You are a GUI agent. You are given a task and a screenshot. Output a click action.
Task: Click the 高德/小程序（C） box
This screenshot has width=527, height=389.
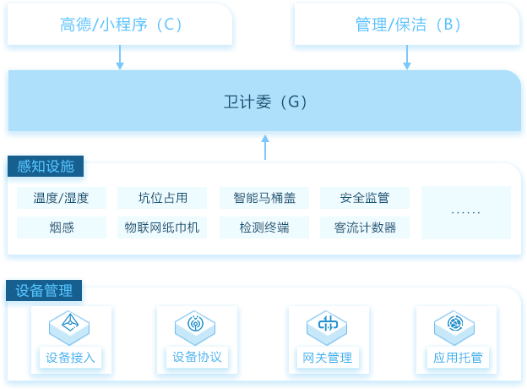tap(120, 25)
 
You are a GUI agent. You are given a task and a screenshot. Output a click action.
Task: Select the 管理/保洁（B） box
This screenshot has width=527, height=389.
tap(407, 25)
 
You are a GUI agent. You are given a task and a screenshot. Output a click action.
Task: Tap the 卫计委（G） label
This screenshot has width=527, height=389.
tap(265, 101)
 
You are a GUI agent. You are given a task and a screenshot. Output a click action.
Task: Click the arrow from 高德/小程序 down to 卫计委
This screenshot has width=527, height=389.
tap(120, 58)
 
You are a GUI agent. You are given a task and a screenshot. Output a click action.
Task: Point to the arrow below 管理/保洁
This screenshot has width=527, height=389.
tap(407, 58)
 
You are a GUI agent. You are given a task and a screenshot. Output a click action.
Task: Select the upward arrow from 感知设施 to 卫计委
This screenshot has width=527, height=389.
tap(265, 147)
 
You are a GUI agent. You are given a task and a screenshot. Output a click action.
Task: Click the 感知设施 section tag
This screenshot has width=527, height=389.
tap(46, 167)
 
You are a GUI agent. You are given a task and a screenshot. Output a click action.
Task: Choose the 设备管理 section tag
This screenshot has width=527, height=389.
tap(44, 290)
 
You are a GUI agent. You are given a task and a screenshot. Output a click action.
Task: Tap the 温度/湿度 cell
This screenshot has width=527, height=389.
tap(62, 198)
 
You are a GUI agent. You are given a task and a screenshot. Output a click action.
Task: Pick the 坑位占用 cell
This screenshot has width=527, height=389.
tap(162, 198)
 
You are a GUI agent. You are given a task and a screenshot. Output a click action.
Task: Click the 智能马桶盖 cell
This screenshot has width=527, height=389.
tap(264, 198)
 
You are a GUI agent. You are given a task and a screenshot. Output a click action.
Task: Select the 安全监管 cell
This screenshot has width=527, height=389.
tap(365, 198)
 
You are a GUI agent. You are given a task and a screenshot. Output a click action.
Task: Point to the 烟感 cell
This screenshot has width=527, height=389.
tap(62, 227)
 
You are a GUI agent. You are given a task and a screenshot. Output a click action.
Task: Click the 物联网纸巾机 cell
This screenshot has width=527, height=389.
tap(162, 227)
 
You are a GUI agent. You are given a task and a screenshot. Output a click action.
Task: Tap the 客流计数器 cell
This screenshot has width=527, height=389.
tap(365, 227)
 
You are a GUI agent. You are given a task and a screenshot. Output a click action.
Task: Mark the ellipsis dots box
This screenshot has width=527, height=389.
tap(466, 212)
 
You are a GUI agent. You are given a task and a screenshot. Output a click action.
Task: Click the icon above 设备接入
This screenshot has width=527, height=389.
tap(69, 327)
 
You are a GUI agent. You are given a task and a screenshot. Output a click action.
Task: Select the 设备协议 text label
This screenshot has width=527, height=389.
tap(197, 357)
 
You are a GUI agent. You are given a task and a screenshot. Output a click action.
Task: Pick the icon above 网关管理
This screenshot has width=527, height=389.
tap(327, 327)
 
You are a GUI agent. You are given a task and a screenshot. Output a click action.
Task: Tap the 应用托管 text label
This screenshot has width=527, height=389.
tap(458, 358)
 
